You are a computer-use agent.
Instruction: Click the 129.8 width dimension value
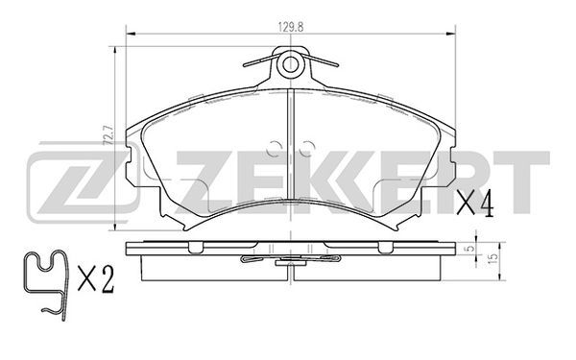tap(291, 28)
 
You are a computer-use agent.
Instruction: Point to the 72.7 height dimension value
tap(109, 135)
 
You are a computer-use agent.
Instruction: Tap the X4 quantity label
tap(474, 204)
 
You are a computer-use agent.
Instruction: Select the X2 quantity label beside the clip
tap(96, 278)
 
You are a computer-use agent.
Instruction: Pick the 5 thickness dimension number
tap(468, 249)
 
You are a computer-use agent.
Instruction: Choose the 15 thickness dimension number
tap(493, 256)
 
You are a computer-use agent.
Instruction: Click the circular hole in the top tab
tap(290, 64)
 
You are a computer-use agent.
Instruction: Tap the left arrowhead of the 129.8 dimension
tap(132, 35)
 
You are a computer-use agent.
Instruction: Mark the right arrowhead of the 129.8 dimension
tap(450, 35)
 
